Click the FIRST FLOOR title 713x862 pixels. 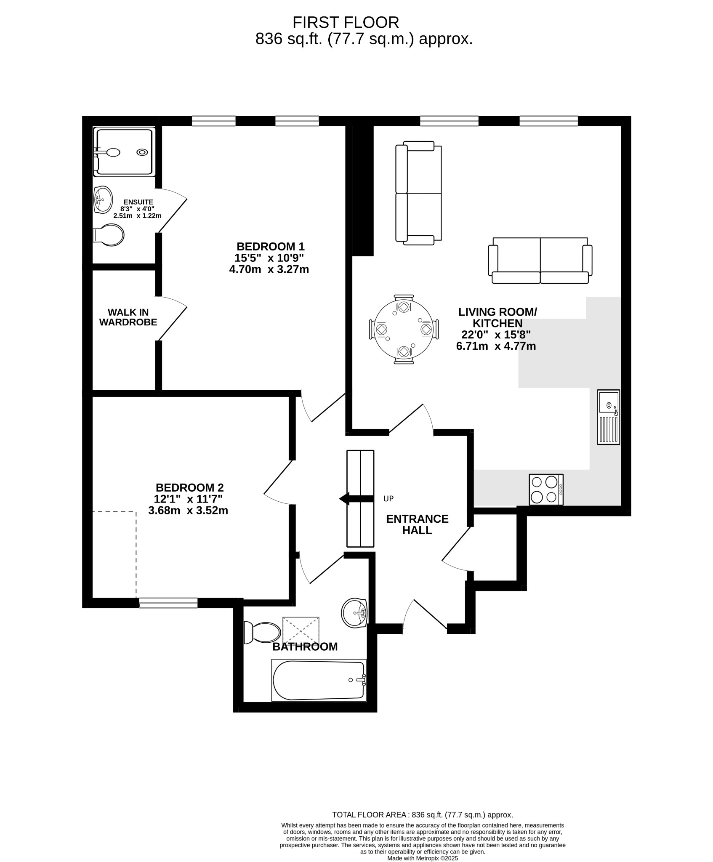(x=346, y=22)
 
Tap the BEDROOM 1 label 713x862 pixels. (x=270, y=246)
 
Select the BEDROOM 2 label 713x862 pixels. (x=189, y=487)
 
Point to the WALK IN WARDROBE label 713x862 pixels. (x=128, y=317)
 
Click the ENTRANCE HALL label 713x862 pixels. (x=417, y=524)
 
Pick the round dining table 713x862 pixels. (x=404, y=329)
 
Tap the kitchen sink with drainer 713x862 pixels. (x=609, y=417)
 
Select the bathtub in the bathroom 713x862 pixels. (x=319, y=680)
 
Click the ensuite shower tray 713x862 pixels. (x=124, y=152)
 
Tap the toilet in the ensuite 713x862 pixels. (x=108, y=234)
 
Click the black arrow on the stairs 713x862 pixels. (x=356, y=499)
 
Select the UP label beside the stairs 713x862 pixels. (x=388, y=499)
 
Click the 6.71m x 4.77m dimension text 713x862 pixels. (x=496, y=346)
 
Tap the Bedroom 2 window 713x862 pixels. (x=168, y=603)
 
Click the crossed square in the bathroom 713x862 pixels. (x=301, y=630)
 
